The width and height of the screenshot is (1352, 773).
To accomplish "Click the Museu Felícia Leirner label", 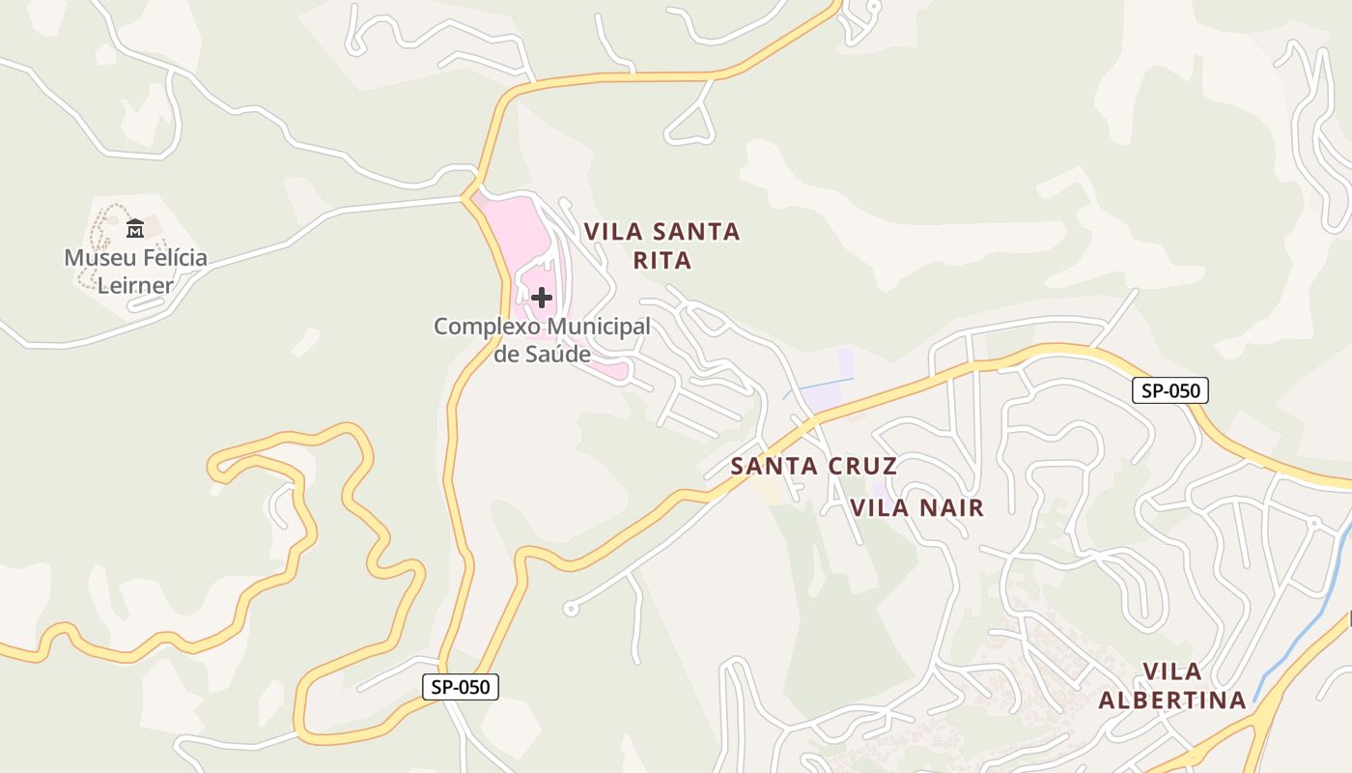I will click(x=135, y=272).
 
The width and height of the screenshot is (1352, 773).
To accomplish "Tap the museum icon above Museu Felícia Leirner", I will click(x=135, y=229).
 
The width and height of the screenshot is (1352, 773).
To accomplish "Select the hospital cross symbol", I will click(x=542, y=298).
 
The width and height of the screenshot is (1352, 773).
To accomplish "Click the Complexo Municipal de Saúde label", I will click(x=542, y=340).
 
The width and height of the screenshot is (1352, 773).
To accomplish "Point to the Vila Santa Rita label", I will click(x=662, y=245).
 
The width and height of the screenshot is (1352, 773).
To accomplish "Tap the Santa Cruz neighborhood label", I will click(x=813, y=466).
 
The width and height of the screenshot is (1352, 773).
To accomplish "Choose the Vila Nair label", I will click(x=916, y=507).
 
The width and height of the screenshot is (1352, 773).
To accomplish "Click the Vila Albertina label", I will click(x=1172, y=685).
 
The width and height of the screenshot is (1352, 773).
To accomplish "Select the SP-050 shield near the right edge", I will click(x=1169, y=390).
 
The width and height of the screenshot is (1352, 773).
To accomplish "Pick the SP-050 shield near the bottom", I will click(x=461, y=687).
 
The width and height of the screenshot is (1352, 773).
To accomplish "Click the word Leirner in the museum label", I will click(x=135, y=286).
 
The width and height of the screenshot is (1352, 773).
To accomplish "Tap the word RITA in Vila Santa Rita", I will click(x=662, y=261).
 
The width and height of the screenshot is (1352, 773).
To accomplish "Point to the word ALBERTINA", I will click(x=1172, y=700).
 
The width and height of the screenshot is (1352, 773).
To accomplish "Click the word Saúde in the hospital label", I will click(x=542, y=355).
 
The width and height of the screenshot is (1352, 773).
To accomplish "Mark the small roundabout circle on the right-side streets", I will click(x=1313, y=523).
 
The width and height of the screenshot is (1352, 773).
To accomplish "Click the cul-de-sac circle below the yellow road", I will click(x=571, y=609).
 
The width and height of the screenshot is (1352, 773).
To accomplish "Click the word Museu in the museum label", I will click(x=97, y=258).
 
